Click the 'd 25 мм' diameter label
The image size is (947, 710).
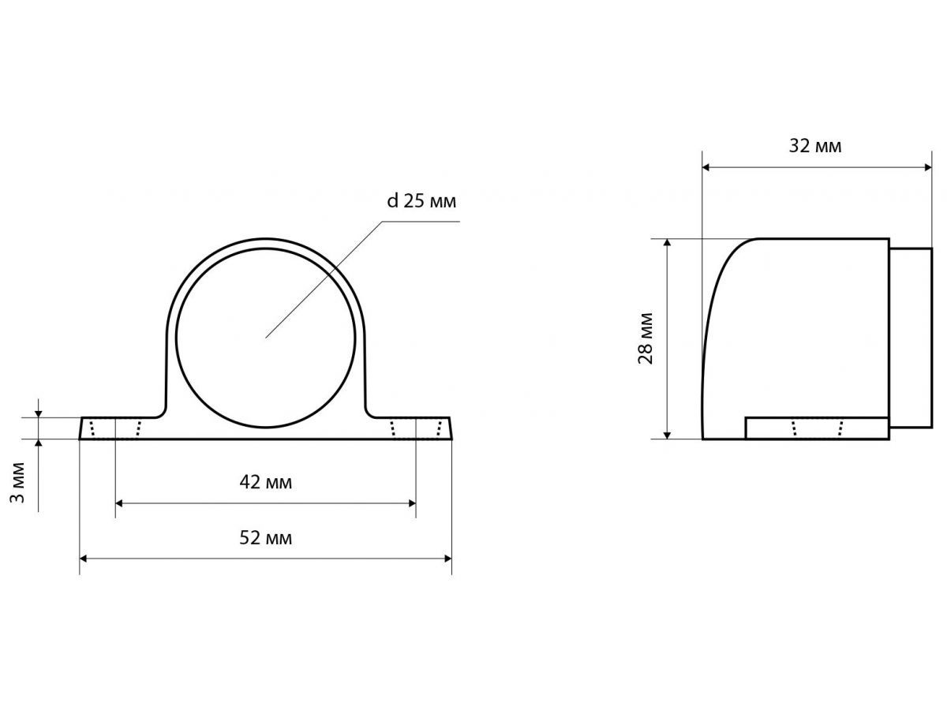421,201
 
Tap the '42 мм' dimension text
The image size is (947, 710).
266,482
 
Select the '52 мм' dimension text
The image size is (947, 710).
266,537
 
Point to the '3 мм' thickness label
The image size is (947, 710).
17,483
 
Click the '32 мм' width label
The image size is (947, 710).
815,146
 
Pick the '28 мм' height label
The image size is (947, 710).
646,339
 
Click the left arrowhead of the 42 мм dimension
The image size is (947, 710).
119,503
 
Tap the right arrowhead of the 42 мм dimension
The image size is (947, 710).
412,503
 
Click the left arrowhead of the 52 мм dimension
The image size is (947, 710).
84,559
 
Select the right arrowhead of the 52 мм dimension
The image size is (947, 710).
447,559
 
